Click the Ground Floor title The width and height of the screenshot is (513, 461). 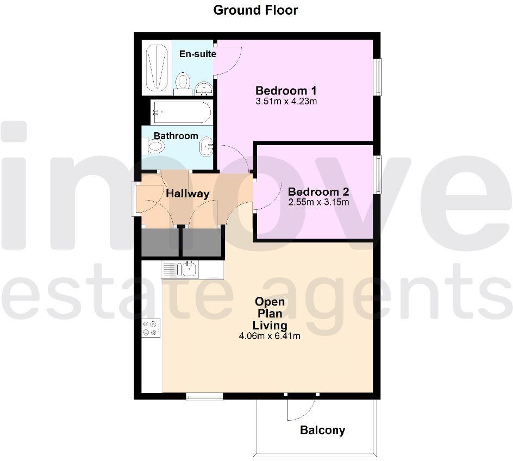coord(255,10)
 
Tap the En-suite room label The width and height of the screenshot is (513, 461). coord(198,54)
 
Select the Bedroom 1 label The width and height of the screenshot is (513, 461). coord(286,91)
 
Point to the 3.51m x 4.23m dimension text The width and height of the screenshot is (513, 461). coord(286,101)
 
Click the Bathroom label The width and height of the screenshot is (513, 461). coord(176,135)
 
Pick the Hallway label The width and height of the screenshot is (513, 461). coord(187,194)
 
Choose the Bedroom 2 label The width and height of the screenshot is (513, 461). coord(318,192)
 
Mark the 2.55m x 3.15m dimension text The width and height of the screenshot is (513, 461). coord(318,202)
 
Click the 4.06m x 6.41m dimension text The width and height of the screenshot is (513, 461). coord(270,336)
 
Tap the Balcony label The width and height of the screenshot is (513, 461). coord(322,431)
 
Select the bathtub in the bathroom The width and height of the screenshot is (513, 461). coord(181,113)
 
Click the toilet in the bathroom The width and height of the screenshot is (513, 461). coord(156,146)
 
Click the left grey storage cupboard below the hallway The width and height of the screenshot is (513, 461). coord(160,242)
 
